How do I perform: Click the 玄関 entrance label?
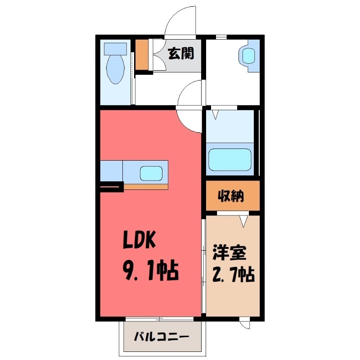point(181,54)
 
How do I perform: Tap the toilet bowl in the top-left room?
point(115,68)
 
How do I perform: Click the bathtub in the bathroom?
point(230,159)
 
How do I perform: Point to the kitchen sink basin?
point(151,173)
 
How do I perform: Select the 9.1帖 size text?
point(150,271)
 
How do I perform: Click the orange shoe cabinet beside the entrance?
point(141,55)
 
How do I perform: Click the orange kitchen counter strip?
point(146,186)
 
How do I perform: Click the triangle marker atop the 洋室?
point(244,220)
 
